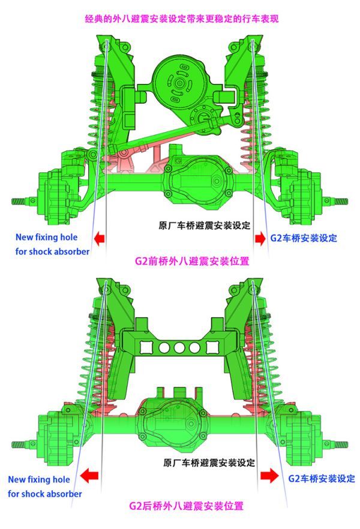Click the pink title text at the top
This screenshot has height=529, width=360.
(x=182, y=19)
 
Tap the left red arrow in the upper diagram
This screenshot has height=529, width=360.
(x=99, y=239)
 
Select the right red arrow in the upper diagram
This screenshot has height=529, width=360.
(x=260, y=238)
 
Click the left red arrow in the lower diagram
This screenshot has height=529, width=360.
(x=90, y=476)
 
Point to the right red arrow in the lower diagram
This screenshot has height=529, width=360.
(x=269, y=476)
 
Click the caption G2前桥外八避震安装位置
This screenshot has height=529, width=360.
(x=192, y=261)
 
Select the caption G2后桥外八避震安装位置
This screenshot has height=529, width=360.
(x=186, y=506)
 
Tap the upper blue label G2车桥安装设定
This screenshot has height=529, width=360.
(x=304, y=238)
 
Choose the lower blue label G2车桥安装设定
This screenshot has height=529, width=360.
(x=321, y=479)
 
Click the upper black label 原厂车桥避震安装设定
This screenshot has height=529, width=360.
(x=205, y=225)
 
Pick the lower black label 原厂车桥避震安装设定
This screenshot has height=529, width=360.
(x=209, y=462)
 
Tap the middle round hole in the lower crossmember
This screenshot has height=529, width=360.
(x=179, y=347)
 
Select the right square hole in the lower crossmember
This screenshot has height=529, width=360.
(x=212, y=347)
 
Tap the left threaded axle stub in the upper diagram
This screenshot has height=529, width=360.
(x=19, y=202)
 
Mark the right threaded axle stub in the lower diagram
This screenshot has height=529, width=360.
(x=341, y=444)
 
